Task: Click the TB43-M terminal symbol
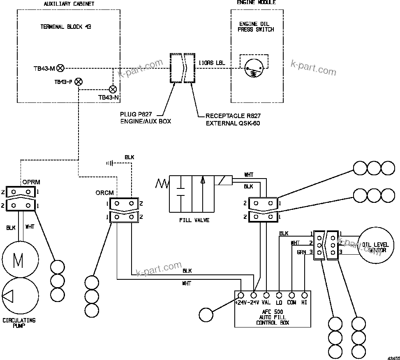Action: click(60, 68)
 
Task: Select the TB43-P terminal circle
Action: click(79, 81)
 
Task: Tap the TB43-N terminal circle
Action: click(112, 89)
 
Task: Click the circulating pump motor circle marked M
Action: click(20, 260)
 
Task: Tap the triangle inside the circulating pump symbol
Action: click(9, 296)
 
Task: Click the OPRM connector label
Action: click(31, 181)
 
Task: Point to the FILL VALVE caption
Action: click(194, 220)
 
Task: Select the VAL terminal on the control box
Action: click(266, 295)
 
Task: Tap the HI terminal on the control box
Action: click(304, 295)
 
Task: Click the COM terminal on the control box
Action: click(291, 295)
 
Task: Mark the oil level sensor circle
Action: click(375, 247)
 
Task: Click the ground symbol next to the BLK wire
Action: click(110, 163)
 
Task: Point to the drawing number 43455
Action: click(393, 356)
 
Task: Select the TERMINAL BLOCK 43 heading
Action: click(66, 27)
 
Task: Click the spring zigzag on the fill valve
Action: click(162, 183)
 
